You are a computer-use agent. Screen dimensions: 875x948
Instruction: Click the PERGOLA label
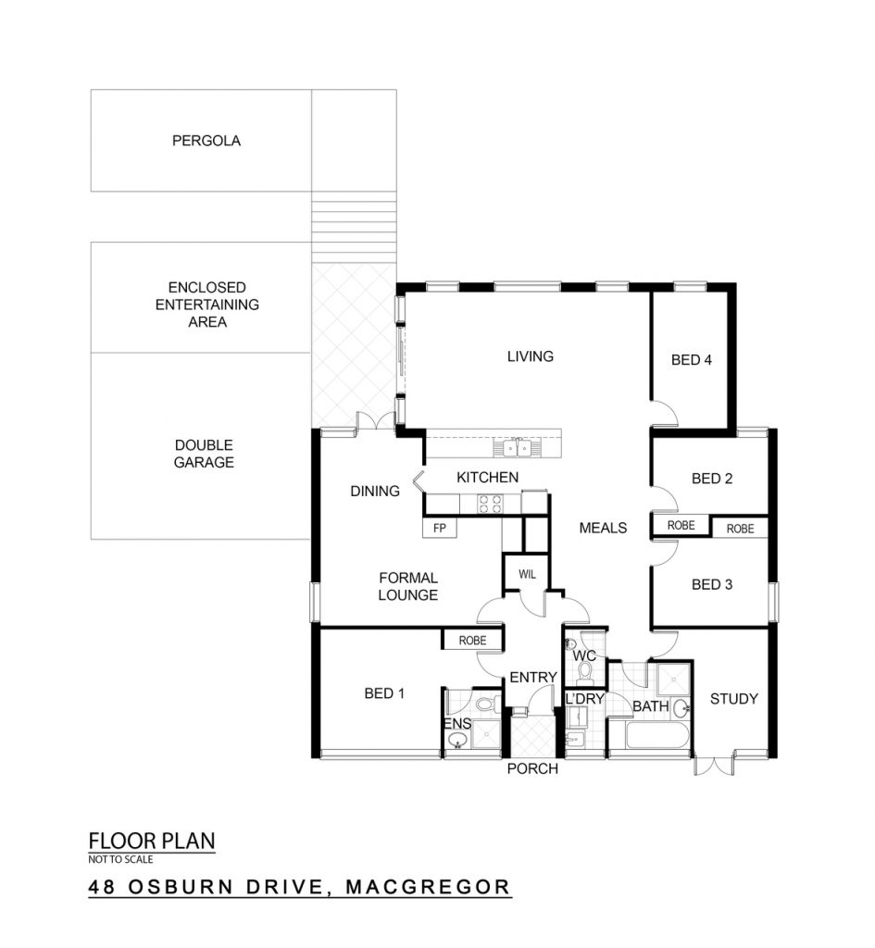pyautogui.click(x=206, y=141)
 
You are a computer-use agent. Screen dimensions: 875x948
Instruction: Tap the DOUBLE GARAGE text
pyautogui.click(x=204, y=454)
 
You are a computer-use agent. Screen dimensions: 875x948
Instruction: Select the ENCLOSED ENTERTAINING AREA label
pyautogui.click(x=206, y=305)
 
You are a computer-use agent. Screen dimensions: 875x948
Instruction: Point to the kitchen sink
pyautogui.click(x=517, y=447)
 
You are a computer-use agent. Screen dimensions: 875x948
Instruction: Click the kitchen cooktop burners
pyautogui.click(x=490, y=505)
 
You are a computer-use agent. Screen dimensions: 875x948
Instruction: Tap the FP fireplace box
pyautogui.click(x=440, y=528)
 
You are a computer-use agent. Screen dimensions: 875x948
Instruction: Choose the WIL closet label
pyautogui.click(x=527, y=574)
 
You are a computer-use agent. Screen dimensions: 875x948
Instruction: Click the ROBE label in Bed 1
pyautogui.click(x=472, y=641)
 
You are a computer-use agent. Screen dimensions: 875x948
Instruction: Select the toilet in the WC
pyautogui.click(x=585, y=671)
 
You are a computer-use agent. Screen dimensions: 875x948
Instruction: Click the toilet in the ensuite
pyautogui.click(x=487, y=704)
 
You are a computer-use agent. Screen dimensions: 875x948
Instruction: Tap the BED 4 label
pyautogui.click(x=691, y=360)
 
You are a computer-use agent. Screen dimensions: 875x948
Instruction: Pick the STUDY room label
pyautogui.click(x=733, y=699)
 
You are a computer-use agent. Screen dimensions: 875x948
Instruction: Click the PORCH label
pyautogui.click(x=532, y=768)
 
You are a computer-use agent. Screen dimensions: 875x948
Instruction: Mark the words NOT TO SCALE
pyautogui.click(x=120, y=859)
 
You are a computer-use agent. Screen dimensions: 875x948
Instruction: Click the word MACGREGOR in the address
pyautogui.click(x=428, y=887)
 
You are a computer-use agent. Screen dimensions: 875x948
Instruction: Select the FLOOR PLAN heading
pyautogui.click(x=152, y=841)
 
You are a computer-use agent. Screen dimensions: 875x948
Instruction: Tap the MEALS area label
pyautogui.click(x=603, y=528)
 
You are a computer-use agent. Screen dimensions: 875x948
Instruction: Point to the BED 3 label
pyautogui.click(x=712, y=585)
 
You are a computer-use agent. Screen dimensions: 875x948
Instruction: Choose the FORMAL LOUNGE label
pyautogui.click(x=408, y=586)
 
